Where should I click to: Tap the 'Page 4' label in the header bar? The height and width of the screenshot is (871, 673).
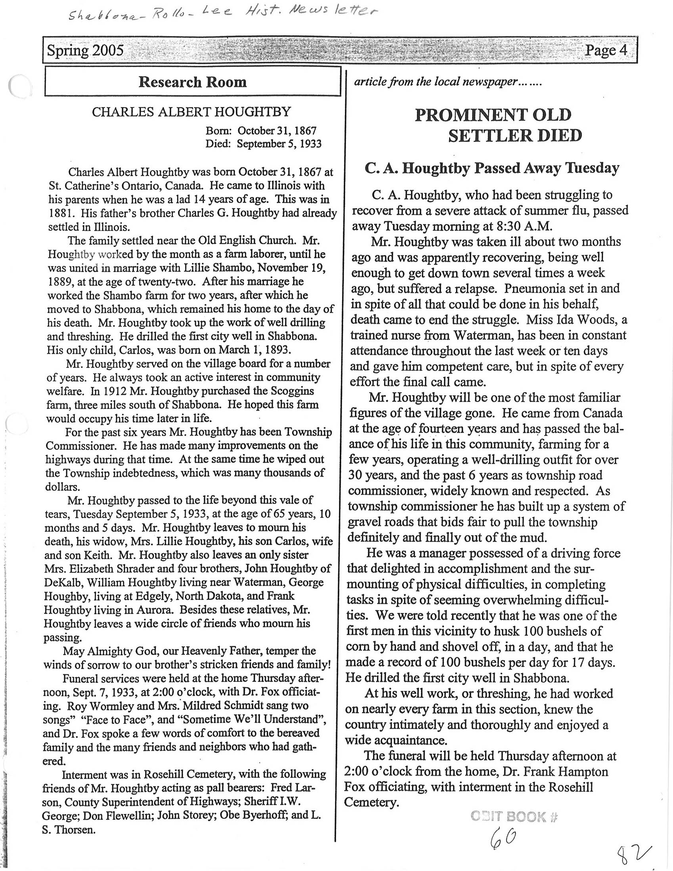click(606, 50)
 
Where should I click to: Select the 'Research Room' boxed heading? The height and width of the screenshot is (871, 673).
click(193, 82)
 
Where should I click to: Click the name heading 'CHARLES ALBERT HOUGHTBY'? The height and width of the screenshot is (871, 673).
click(191, 112)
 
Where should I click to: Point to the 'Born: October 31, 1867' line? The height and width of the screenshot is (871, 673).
click(261, 130)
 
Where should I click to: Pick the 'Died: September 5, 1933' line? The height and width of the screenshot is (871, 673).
click(263, 144)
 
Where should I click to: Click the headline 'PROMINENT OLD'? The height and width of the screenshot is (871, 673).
click(493, 115)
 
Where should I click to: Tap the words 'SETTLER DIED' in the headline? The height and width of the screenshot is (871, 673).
click(515, 136)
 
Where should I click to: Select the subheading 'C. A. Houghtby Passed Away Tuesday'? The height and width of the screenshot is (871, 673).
click(491, 168)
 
